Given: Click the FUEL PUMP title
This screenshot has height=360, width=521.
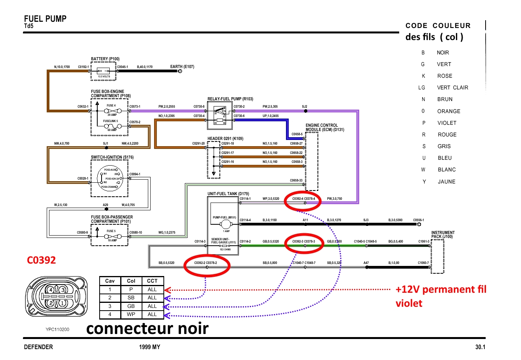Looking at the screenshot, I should click(45, 19).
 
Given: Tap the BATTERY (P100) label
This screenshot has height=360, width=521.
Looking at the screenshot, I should click(105, 59).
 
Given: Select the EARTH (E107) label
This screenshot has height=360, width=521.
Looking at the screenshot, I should click(182, 66).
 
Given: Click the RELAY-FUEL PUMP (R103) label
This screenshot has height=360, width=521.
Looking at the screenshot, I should click(230, 99).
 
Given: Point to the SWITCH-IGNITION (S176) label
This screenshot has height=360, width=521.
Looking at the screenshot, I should click(112, 157).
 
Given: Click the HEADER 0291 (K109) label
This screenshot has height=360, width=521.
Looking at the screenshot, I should click(225, 138).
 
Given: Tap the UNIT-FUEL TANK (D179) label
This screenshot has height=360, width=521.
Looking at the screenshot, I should click(228, 194).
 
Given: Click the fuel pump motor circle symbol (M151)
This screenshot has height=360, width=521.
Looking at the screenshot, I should click(226, 224).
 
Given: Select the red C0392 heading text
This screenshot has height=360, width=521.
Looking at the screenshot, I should click(41, 260).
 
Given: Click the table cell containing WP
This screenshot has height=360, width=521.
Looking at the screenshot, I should click(131, 315).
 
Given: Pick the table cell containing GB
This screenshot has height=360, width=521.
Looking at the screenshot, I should click(131, 306).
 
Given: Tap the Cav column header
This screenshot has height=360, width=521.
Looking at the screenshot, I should click(110, 281).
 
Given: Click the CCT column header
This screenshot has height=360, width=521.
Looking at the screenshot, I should click(152, 281).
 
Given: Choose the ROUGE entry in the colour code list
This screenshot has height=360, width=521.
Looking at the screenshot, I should click(447, 135).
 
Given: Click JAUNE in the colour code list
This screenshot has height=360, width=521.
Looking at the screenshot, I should click(446, 182).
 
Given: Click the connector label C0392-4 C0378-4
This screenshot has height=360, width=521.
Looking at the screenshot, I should click(303, 199).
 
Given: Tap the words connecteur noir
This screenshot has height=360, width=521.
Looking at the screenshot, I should click(147, 329).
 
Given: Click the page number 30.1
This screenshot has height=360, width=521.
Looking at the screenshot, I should click(480, 347).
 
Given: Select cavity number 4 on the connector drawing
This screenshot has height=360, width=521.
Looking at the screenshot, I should click(51, 290).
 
